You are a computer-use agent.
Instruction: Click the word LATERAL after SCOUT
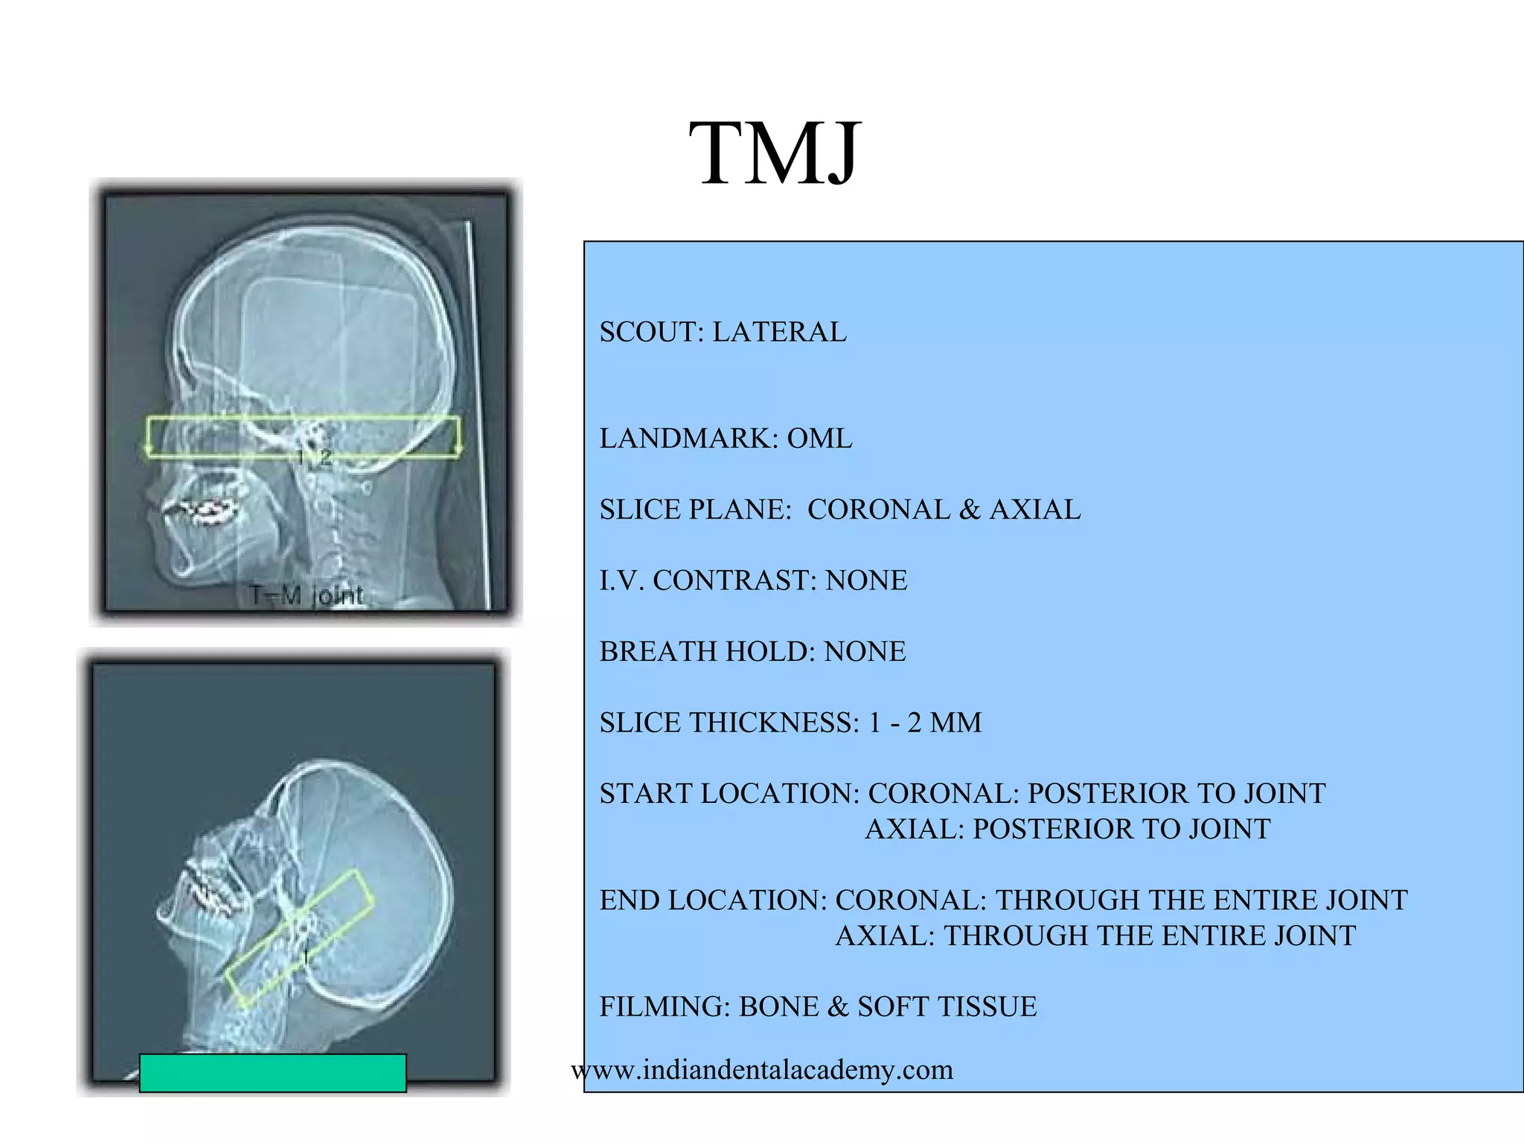[779, 332]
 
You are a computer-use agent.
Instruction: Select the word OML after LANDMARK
[819, 438]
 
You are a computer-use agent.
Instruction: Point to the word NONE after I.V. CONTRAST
[866, 580]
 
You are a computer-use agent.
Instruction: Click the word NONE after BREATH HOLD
[865, 652]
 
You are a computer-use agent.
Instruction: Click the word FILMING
[664, 1007]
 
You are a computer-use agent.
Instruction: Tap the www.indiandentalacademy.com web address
[762, 1070]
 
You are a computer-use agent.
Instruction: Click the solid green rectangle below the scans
[272, 1073]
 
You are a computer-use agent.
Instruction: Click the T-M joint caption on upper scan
[307, 595]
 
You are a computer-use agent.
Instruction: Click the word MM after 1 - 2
[955, 723]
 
